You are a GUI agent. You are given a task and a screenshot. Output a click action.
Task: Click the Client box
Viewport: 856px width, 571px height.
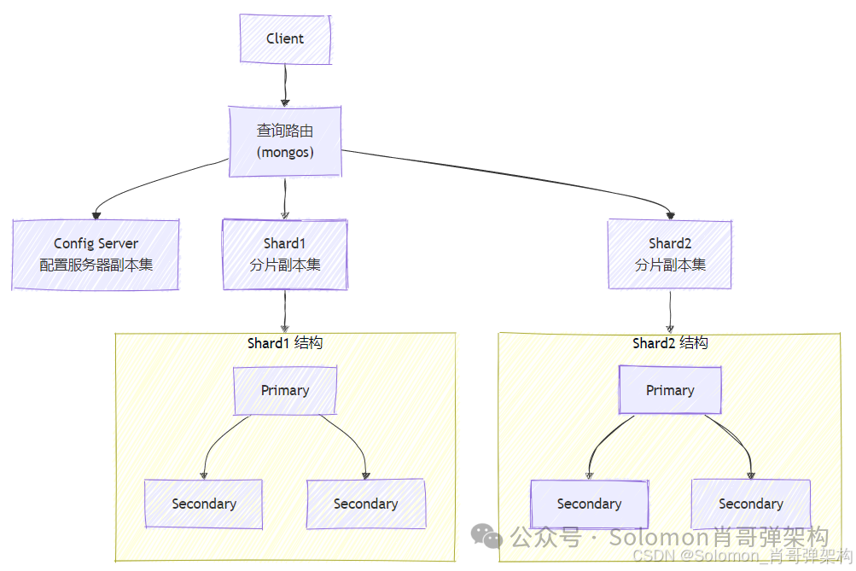click(x=285, y=38)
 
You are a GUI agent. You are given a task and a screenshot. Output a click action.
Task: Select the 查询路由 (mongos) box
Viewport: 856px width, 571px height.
click(x=285, y=142)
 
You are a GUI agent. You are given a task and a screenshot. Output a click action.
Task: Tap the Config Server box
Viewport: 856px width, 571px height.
click(x=96, y=254)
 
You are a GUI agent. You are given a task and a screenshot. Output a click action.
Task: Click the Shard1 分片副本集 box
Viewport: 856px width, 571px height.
click(x=285, y=254)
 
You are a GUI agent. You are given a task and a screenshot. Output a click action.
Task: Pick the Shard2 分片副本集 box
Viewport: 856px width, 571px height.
click(x=670, y=254)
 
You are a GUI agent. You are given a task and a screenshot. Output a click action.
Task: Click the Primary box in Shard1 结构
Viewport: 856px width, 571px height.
click(x=285, y=390)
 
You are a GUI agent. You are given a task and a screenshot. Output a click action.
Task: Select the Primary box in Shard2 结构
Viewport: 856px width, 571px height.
click(x=670, y=390)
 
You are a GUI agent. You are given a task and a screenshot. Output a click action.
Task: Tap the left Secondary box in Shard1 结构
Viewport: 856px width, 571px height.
click(x=203, y=504)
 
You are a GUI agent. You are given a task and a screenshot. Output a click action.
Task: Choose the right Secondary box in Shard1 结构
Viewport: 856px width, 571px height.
click(x=365, y=504)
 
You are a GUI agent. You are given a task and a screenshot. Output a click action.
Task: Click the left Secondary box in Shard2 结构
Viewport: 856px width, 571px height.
click(x=589, y=504)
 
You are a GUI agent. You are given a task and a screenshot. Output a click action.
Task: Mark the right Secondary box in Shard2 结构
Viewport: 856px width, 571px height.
click(x=750, y=504)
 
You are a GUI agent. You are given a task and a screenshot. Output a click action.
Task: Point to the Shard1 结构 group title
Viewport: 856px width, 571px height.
click(x=285, y=343)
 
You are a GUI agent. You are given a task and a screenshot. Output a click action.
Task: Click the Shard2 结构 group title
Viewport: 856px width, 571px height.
click(x=670, y=343)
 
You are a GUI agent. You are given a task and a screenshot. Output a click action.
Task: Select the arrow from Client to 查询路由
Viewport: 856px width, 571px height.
click(x=285, y=84)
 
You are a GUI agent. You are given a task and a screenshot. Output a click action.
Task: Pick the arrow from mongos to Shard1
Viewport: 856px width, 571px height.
click(x=285, y=198)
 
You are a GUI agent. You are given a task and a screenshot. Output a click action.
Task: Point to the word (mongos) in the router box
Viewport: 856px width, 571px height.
click(x=285, y=153)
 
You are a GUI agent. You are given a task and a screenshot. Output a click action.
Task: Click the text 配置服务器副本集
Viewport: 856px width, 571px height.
click(x=96, y=265)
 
